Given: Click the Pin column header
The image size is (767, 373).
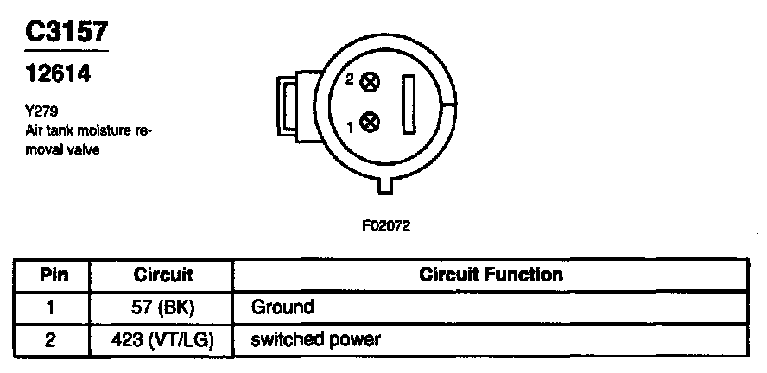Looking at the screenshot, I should click(50, 276).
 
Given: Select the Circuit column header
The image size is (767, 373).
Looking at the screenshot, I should click(163, 276).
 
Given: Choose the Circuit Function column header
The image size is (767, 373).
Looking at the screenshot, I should click(490, 276).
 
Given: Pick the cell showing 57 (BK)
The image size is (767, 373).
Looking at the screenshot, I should click(163, 307).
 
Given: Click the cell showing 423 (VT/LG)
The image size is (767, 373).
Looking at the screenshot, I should click(163, 338).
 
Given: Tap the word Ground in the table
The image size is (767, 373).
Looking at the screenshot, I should click(282, 307).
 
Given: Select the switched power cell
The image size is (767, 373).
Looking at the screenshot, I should click(314, 338).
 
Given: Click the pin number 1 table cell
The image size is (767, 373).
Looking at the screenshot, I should click(50, 307).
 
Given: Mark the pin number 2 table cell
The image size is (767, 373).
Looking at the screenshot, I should click(50, 338).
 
